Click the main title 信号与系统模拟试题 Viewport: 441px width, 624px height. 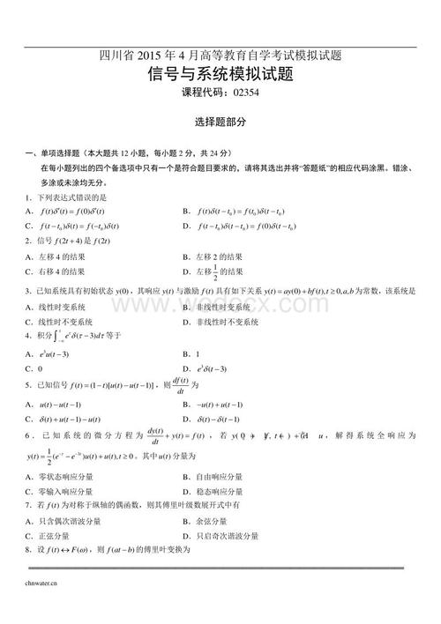coord(220,75)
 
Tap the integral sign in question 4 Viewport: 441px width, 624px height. coord(57,336)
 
